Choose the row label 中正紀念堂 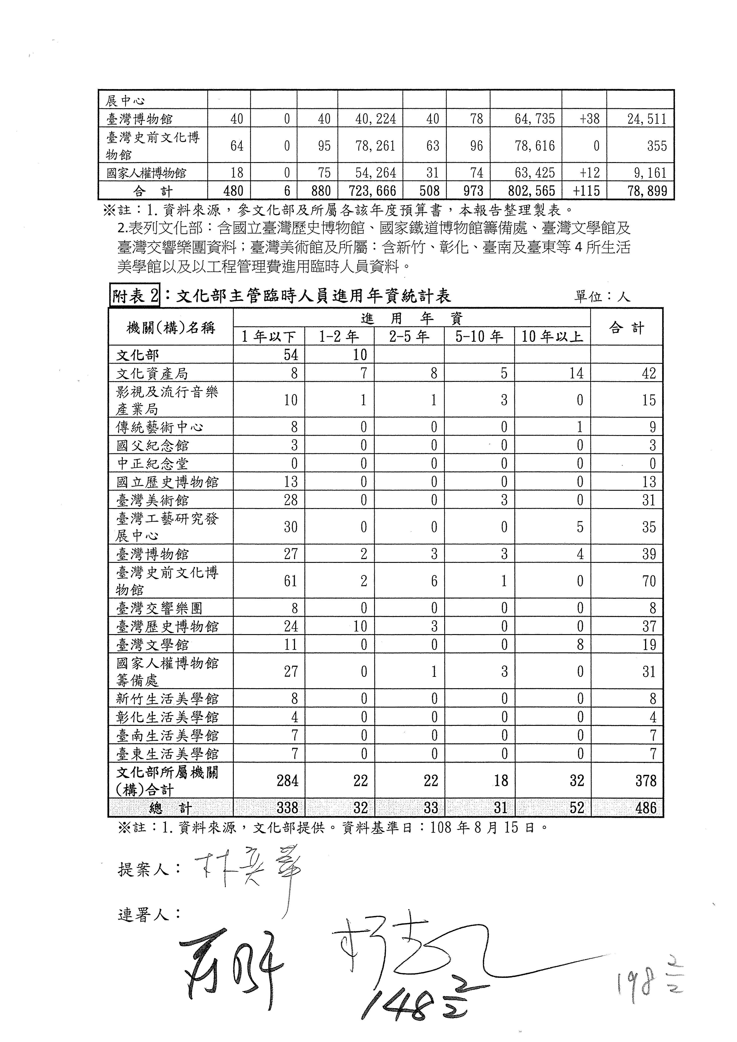pos(152,463)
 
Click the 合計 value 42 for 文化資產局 pos(649,373)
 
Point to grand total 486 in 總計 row pos(646,808)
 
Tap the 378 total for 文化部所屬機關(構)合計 pos(646,781)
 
